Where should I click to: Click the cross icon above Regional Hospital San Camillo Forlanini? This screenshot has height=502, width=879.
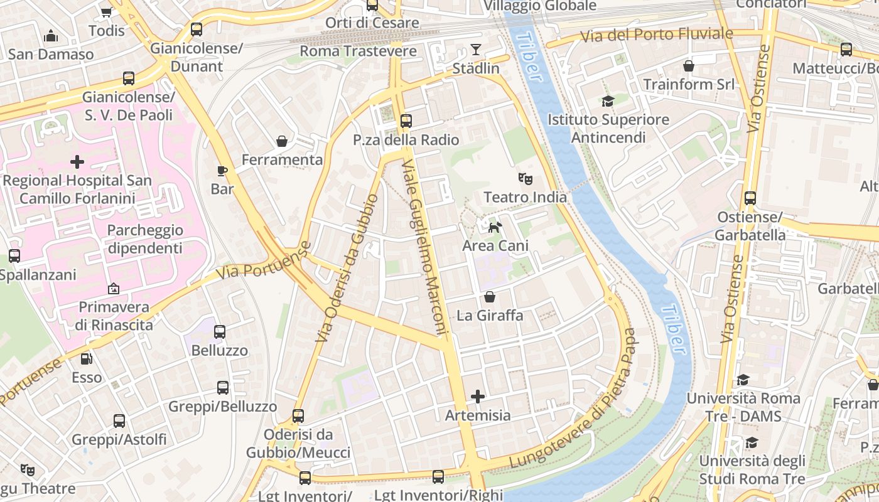(77, 163)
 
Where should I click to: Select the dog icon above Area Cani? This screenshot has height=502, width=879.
(495, 227)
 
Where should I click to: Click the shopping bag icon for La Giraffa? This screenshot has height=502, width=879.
(490, 297)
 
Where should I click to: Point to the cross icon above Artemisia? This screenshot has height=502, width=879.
(478, 397)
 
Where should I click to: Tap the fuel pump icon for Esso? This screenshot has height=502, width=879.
(87, 359)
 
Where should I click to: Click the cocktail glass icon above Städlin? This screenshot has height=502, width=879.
(476, 50)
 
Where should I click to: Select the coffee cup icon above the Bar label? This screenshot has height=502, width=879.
(222, 171)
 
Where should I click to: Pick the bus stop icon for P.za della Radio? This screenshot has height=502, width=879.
(406, 121)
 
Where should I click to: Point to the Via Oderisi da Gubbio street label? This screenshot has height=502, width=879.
(347, 268)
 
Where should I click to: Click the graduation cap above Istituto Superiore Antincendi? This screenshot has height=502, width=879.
(608, 101)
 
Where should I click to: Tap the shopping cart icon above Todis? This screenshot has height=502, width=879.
(106, 12)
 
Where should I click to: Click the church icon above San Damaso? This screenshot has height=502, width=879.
(51, 36)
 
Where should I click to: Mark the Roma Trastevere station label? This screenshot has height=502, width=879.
(359, 51)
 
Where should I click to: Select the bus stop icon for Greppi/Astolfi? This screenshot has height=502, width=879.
(119, 421)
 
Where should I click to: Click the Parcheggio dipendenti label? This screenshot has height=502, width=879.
(145, 239)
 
